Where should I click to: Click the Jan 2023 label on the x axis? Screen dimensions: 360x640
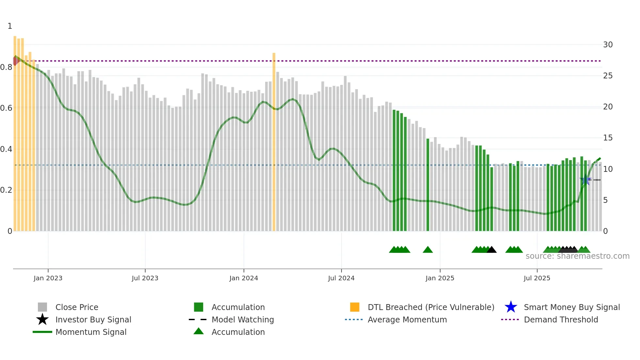(48, 278)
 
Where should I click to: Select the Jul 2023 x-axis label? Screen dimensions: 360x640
(145, 278)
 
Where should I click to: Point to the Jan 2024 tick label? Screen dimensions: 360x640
(244, 278)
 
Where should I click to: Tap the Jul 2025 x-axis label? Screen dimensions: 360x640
(537, 278)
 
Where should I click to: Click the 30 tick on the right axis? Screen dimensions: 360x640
(608, 45)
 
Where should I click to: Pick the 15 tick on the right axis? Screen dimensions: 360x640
(608, 138)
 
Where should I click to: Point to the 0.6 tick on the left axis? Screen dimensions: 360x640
(6, 108)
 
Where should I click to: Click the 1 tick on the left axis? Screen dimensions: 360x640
(10, 26)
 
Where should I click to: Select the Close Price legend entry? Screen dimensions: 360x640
(77, 307)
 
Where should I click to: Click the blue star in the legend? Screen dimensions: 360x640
(511, 307)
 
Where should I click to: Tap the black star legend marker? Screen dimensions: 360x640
(42, 319)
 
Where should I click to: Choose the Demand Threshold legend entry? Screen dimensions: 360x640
(561, 319)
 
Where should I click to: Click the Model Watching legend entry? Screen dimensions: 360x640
(243, 319)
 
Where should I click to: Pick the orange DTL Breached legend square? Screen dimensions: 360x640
(355, 307)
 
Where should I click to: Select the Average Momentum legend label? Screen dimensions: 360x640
(407, 319)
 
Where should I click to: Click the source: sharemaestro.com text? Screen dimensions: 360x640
(577, 256)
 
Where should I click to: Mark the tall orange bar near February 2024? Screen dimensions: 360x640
(274, 140)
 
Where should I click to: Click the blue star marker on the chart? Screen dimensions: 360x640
(585, 180)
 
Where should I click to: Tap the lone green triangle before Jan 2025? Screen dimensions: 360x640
(428, 250)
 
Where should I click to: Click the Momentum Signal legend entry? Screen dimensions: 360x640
(91, 332)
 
